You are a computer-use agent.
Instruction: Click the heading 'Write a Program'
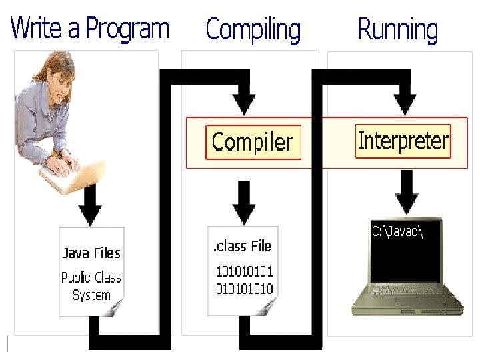click(90, 30)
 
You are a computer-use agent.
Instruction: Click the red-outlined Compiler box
click(253, 142)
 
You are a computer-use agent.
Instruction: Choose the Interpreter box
click(403, 141)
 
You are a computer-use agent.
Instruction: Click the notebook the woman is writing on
click(70, 175)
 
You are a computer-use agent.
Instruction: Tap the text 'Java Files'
click(91, 253)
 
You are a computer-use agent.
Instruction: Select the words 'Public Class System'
click(91, 286)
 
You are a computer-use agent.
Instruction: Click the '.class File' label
click(242, 247)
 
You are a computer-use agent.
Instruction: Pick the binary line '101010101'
click(244, 273)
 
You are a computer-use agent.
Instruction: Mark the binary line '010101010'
click(244, 289)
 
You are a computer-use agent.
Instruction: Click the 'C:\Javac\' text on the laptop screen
click(397, 231)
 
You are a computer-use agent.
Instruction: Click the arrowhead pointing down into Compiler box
click(245, 103)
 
